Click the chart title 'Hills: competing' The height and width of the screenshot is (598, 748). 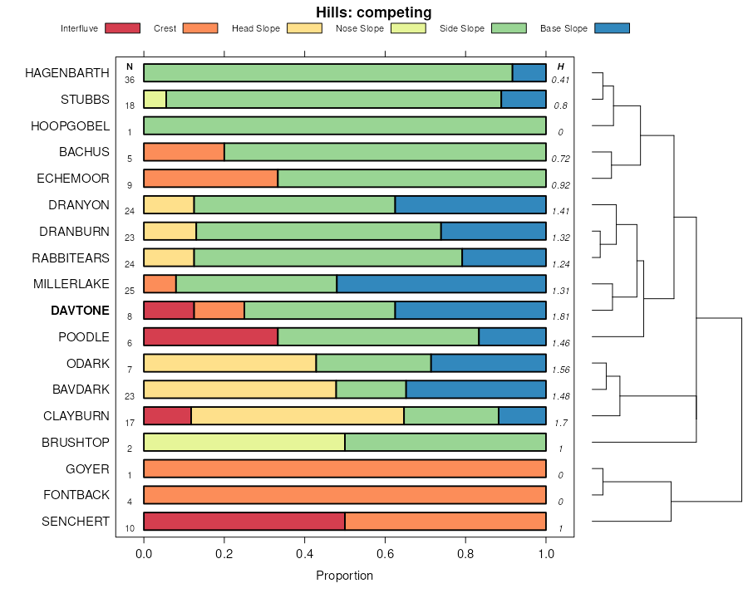point(373,12)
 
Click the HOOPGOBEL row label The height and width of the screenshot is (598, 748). point(70,125)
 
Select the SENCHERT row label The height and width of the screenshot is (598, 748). point(76,522)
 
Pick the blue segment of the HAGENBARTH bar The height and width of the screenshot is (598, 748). point(529,72)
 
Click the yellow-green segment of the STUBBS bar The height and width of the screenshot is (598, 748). point(155,99)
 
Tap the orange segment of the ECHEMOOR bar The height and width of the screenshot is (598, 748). point(210,179)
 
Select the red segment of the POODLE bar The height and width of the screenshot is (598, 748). point(210,337)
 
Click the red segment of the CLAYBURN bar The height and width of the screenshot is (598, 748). point(167,416)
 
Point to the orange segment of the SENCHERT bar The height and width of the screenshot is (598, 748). point(445,522)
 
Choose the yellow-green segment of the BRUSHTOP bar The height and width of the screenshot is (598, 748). point(244,443)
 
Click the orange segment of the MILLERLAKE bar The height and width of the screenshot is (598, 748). point(160,284)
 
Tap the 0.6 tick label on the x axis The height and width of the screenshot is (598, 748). point(385,555)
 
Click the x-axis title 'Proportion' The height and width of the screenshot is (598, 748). point(344,576)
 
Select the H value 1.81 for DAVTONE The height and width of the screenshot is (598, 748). point(560,316)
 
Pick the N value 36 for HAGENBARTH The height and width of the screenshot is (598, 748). point(130,80)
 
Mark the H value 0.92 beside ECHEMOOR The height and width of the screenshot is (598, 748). point(560,184)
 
